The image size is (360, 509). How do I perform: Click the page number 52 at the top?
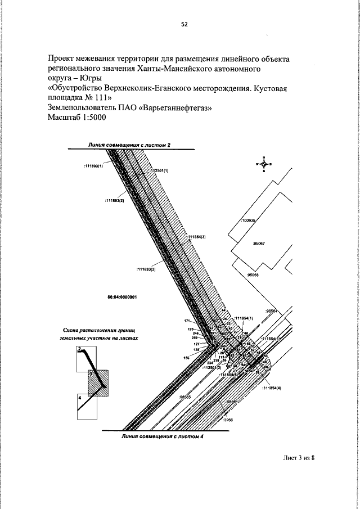(x=184, y=24)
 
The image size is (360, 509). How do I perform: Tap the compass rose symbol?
(x=263, y=164)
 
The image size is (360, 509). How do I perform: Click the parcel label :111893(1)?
(x=94, y=166)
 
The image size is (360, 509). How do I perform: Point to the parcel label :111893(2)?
(x=114, y=200)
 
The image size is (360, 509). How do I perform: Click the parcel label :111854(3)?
(x=196, y=237)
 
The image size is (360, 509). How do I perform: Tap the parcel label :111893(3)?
(x=146, y=269)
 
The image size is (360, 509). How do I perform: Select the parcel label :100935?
(x=247, y=221)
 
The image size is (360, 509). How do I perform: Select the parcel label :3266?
(x=227, y=420)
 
